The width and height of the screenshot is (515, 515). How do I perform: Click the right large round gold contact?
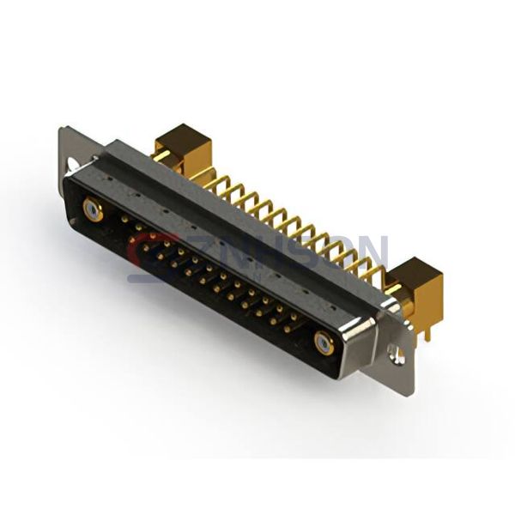(324, 342)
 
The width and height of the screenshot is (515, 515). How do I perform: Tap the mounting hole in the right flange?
(397, 352)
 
